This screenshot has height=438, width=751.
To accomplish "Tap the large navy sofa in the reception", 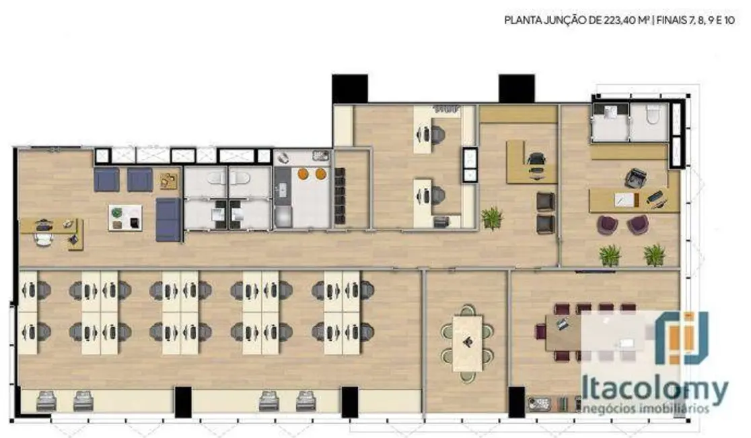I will click(168, 220).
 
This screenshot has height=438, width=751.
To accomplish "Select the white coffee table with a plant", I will click(125, 217).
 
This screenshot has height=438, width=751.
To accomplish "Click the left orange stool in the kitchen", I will click(303, 174).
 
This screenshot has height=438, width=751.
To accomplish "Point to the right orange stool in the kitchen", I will click(320, 174).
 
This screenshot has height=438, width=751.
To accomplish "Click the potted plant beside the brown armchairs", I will click(492, 218).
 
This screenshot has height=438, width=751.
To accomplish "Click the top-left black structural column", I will click(349, 88).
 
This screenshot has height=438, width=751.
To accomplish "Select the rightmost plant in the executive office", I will click(653, 255).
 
